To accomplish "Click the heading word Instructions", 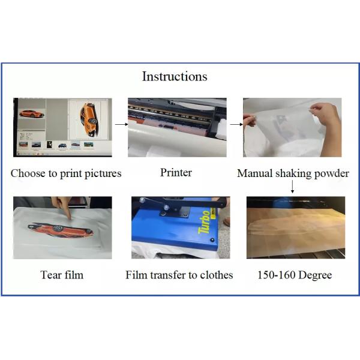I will coord(175,77).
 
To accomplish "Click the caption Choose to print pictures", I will coord(66,173).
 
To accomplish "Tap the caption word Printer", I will coord(176,173).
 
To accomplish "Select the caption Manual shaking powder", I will coord(293,173).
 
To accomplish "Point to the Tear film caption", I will coord(62,275).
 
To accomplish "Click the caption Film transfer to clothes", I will coord(179,275).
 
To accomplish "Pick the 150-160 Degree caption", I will coord(295,275).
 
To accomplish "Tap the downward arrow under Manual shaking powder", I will coord(293,188).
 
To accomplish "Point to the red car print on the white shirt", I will coord(60,229).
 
